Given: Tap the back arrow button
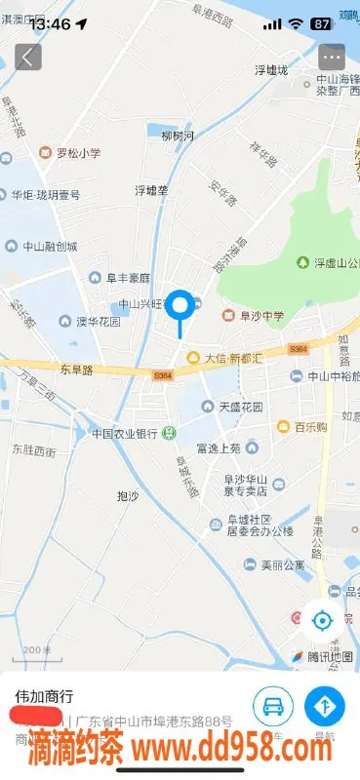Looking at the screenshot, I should tap(27, 57).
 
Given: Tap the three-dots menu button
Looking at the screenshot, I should tap(332, 57).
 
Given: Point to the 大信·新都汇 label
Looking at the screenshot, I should tap(226, 358).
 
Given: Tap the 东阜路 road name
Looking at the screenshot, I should tap(75, 370).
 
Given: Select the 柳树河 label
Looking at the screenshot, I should tap(179, 136).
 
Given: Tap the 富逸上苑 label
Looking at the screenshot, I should tap(218, 448).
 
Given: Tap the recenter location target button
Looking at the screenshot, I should tap(321, 618).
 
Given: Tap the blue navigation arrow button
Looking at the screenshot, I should tap(324, 705).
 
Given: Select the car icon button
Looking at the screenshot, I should tap(273, 705).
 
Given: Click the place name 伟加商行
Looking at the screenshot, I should tap(43, 697).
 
